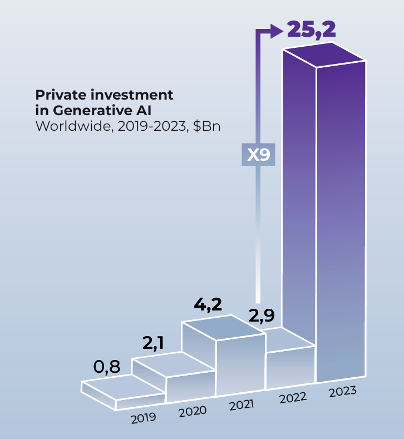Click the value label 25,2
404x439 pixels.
312,29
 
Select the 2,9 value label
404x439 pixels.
262,317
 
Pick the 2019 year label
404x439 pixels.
144,417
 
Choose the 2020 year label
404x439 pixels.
193,411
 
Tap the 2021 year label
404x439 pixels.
242,405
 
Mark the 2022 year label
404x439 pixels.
293,398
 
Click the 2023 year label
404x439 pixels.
343,391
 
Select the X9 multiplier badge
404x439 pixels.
259,154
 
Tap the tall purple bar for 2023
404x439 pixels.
341,223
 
